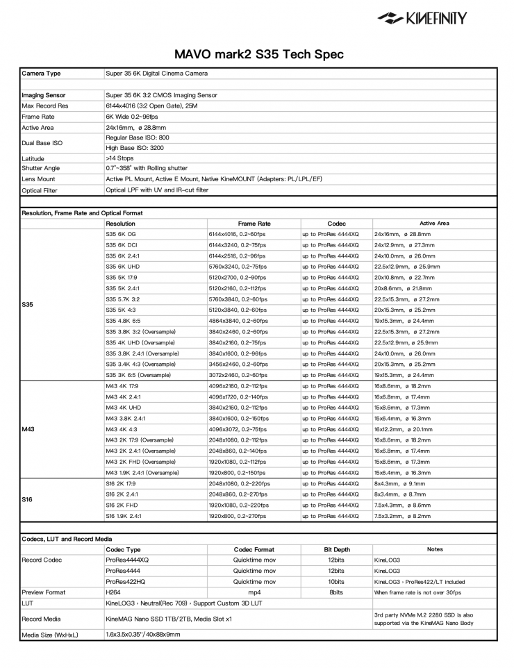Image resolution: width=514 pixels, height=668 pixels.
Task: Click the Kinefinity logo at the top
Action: [x=422, y=18]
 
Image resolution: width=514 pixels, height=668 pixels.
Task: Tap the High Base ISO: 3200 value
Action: [x=135, y=148]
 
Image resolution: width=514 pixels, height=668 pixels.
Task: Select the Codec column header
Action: [x=336, y=224]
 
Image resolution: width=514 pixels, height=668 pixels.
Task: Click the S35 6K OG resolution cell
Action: [x=122, y=235]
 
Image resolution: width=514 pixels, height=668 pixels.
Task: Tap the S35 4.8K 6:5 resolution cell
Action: [x=124, y=322]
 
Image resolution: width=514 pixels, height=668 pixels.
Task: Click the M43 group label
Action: [x=29, y=428]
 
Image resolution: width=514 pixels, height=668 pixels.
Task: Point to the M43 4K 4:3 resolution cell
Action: [x=123, y=428]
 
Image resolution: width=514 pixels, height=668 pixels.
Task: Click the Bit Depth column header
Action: [x=336, y=549]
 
